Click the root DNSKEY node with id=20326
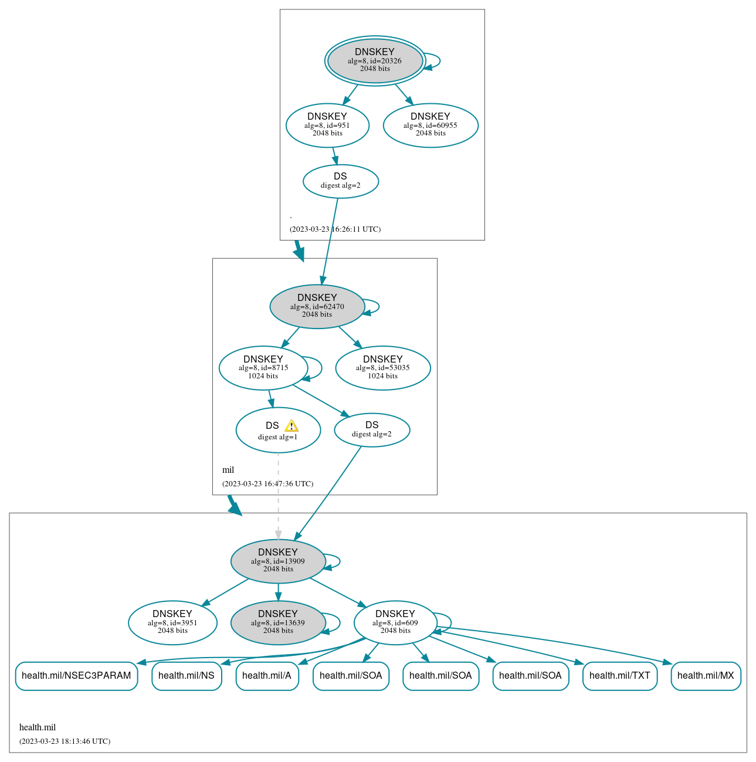click(375, 60)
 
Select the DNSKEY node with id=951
click(327, 125)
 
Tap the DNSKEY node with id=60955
click(430, 125)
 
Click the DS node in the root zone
click(340, 181)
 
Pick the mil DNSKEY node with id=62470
click(317, 306)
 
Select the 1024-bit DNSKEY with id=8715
click(263, 368)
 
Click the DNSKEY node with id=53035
click(382, 368)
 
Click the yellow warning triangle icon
click(291, 426)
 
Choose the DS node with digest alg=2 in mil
click(372, 429)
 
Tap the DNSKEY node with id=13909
click(278, 561)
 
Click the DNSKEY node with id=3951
click(172, 622)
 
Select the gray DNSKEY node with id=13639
click(278, 622)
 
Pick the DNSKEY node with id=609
click(395, 622)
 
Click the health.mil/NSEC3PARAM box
click(76, 676)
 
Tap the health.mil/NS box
click(187, 676)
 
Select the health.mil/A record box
click(267, 676)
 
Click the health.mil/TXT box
click(620, 676)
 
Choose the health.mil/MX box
click(706, 676)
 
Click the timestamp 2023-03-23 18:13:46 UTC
click(65, 741)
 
